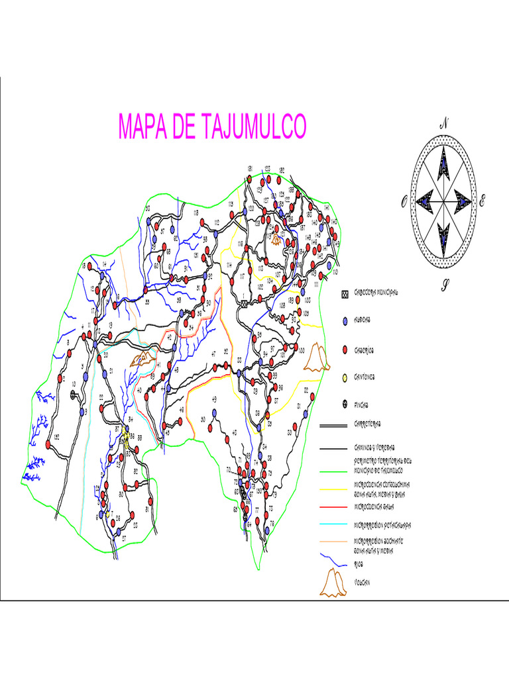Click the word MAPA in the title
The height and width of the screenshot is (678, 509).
[143, 126]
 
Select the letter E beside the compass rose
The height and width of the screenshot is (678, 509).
[483, 201]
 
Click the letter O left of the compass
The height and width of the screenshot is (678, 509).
[403, 203]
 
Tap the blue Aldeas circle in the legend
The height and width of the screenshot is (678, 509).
[345, 321]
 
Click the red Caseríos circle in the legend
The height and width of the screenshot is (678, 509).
[345, 350]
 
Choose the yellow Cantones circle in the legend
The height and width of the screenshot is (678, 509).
[345, 377]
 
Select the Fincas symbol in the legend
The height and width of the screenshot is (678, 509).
[345, 405]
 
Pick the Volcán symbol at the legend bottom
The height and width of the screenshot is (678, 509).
[335, 582]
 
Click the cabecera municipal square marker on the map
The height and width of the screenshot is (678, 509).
[245, 303]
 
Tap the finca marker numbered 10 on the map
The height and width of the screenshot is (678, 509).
[72, 394]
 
